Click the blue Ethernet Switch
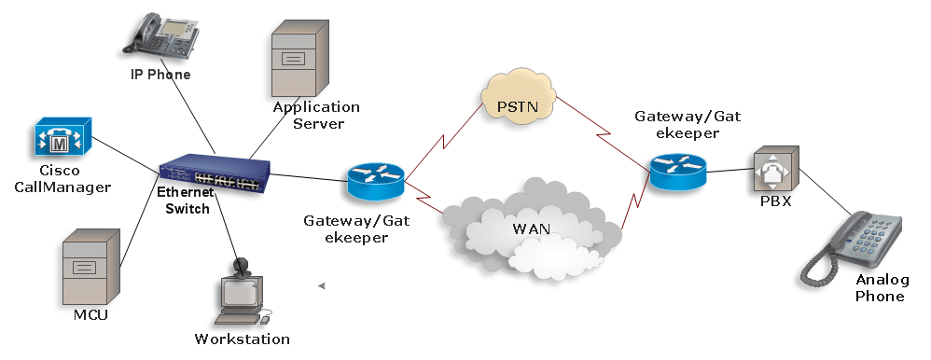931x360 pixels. tap(215, 173)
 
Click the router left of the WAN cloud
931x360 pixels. tap(376, 180)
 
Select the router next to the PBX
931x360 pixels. tap(678, 172)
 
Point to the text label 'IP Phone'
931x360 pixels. tap(160, 75)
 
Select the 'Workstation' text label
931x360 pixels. tap(242, 339)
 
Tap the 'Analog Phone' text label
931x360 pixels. tap(879, 288)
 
